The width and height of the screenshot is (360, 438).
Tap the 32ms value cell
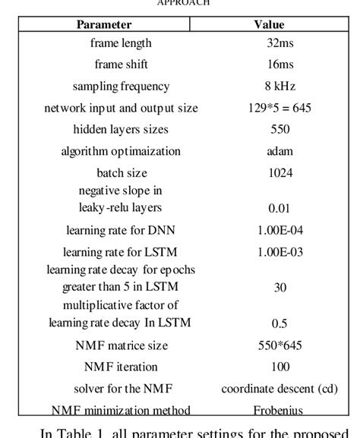(x=279, y=43)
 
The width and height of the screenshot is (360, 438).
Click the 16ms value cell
(x=279, y=65)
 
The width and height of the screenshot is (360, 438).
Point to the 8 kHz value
(x=279, y=87)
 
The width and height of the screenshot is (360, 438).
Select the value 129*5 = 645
(x=279, y=108)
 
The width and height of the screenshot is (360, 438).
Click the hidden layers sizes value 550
(x=279, y=130)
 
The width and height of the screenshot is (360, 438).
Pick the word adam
(x=279, y=151)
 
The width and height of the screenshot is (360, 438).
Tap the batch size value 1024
(x=279, y=172)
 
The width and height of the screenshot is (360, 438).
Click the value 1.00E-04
(x=279, y=228)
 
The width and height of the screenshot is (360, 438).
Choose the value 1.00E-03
(x=279, y=251)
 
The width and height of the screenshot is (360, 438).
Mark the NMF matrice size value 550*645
(x=279, y=345)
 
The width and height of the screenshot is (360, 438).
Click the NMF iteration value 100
(x=279, y=367)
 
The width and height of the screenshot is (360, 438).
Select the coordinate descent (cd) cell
(x=279, y=389)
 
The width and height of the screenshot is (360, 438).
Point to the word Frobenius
(x=279, y=411)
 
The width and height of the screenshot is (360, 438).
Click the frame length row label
(x=121, y=43)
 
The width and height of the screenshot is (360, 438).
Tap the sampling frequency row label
(x=121, y=87)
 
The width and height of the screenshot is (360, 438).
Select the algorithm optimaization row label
(x=121, y=151)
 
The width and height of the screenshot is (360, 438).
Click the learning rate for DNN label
(x=121, y=228)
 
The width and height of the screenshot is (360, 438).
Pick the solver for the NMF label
(x=121, y=389)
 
